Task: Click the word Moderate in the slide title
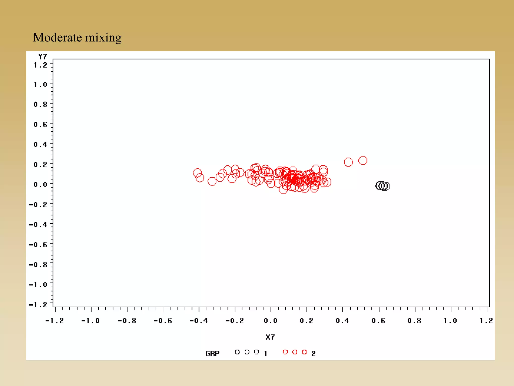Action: point(57,37)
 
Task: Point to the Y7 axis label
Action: point(42,57)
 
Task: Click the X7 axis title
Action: point(270,337)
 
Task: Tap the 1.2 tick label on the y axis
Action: point(40,65)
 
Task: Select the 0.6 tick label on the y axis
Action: point(40,124)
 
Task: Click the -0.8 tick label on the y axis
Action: point(38,265)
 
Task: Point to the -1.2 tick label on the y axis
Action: point(38,305)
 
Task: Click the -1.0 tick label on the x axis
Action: point(90,321)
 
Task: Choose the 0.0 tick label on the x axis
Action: point(271,321)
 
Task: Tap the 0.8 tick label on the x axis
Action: point(414,321)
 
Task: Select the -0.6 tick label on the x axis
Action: point(163,321)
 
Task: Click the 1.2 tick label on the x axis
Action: point(486,321)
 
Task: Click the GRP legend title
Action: point(212,354)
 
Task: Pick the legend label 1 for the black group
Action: point(266,354)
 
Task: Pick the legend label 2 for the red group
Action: point(313,354)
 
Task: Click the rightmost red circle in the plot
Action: point(363,160)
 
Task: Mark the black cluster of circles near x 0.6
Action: point(382,186)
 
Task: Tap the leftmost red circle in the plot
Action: point(197,173)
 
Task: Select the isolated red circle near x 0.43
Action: point(348,162)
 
